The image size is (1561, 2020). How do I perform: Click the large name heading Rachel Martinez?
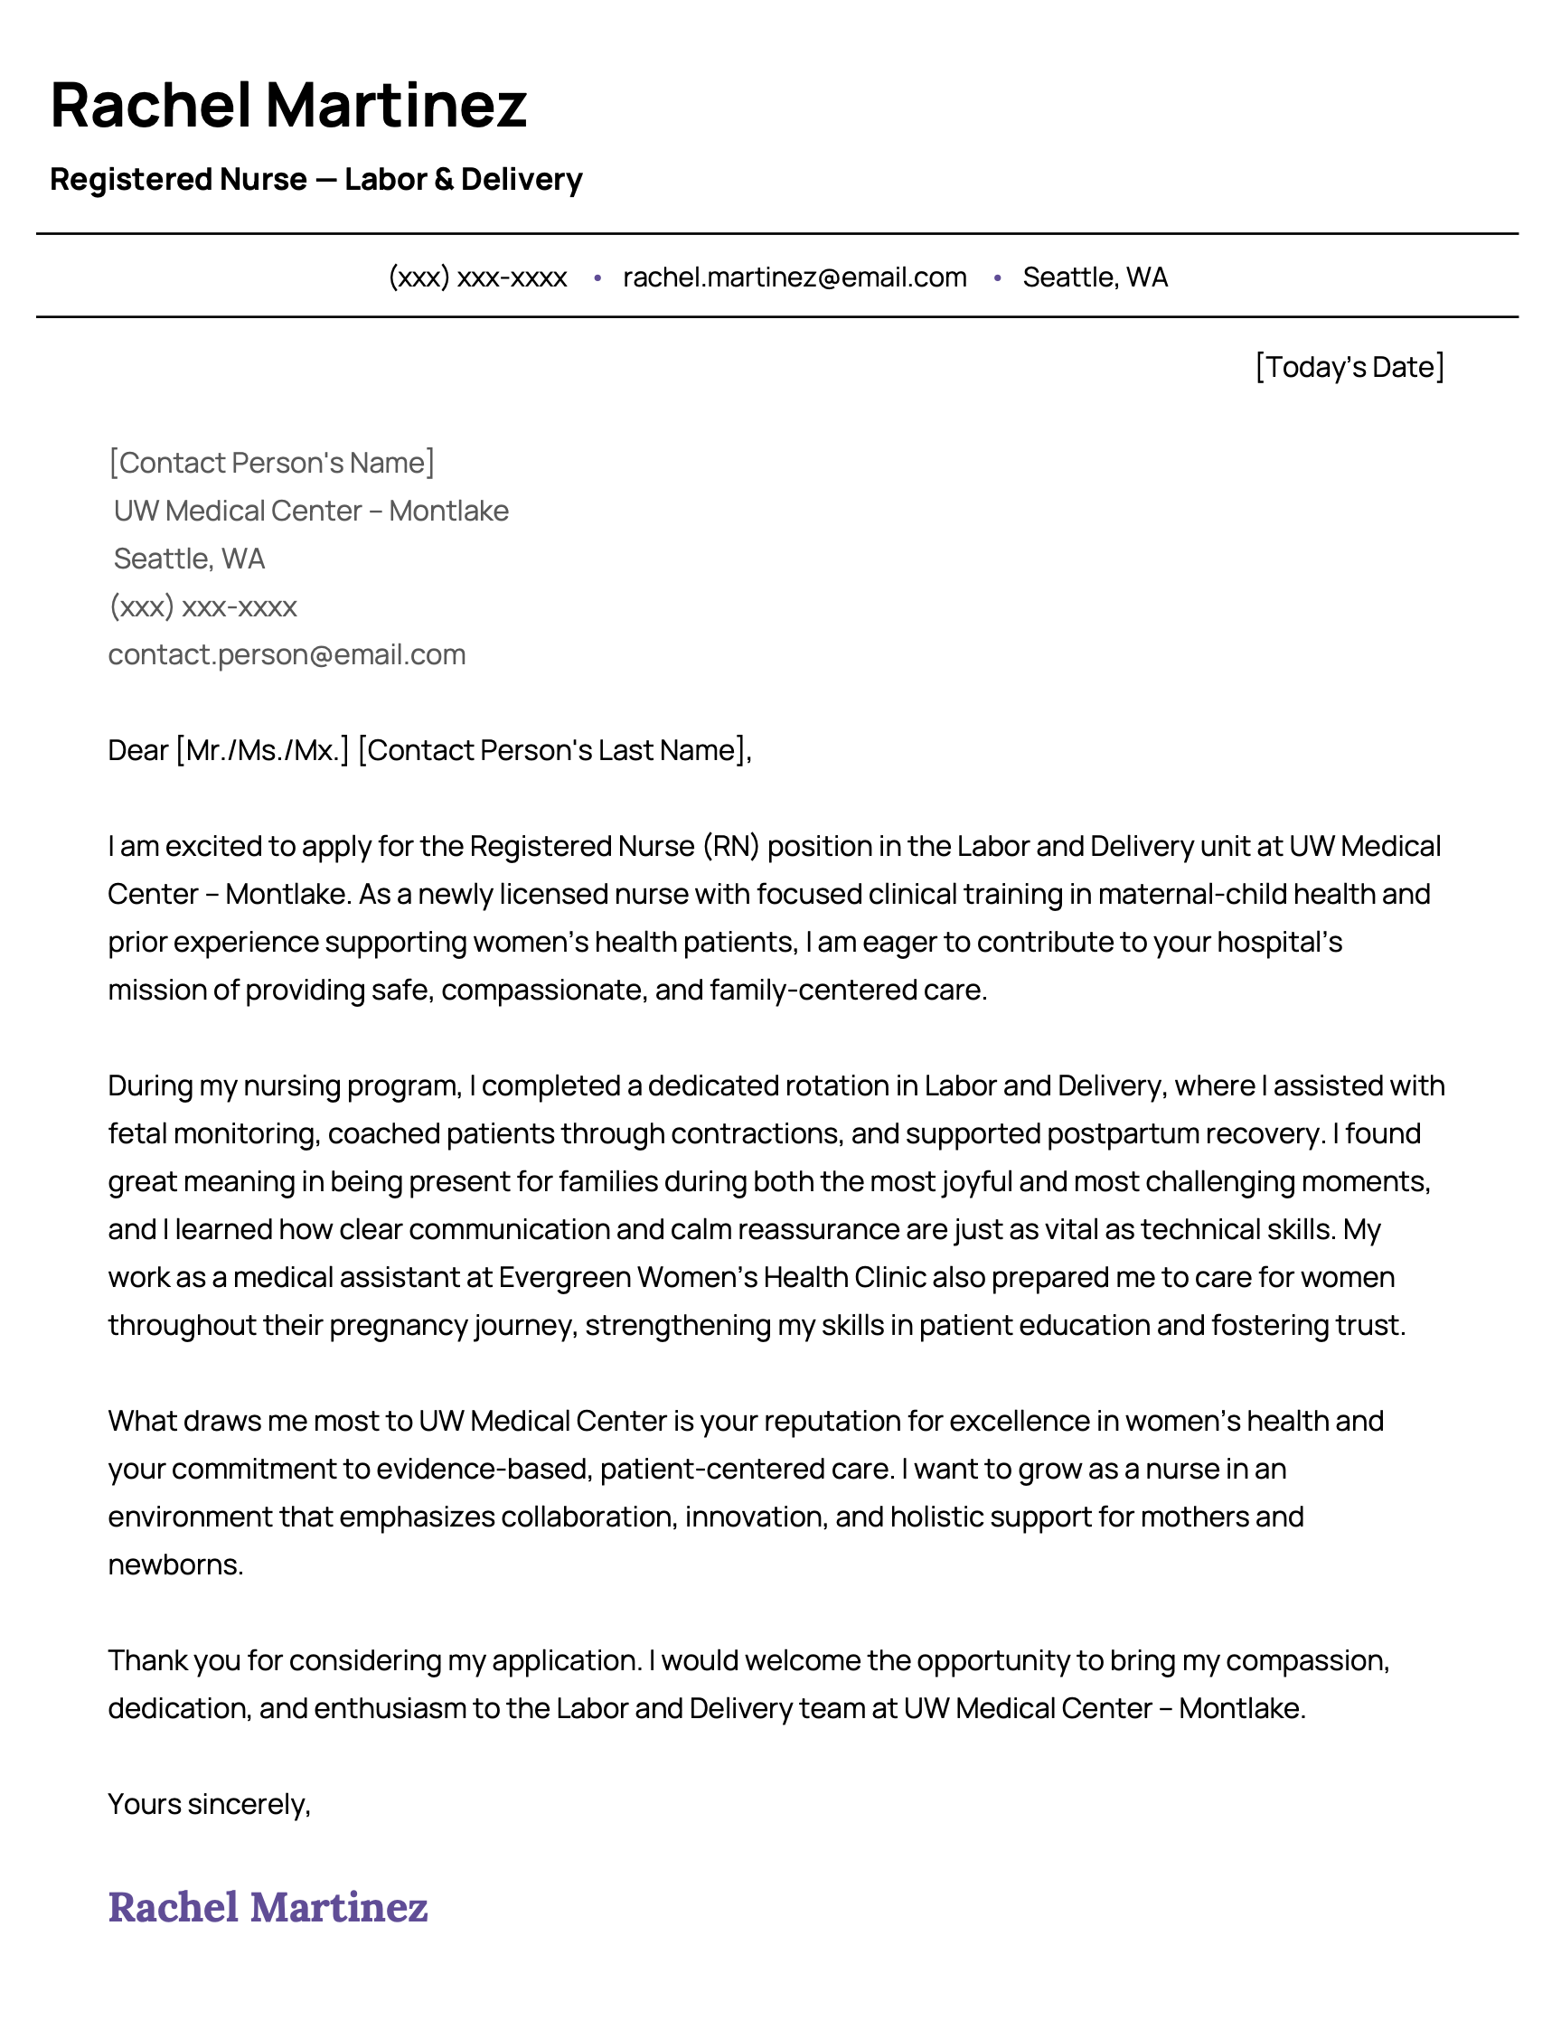coord(287,105)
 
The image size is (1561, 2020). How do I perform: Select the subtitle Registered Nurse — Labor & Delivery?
coord(315,180)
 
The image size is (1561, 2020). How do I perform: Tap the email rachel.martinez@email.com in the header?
coord(795,277)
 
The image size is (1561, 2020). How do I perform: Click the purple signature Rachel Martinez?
coord(268,1907)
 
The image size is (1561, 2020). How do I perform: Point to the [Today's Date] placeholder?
coord(1349,367)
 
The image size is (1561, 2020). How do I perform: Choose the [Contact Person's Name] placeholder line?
coord(271,463)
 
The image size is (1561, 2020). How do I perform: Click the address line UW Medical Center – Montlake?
coord(311,511)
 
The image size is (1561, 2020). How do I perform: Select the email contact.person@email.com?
coord(287,655)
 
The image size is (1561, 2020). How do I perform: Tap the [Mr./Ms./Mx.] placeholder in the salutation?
coord(262,750)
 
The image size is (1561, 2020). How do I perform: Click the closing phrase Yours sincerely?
coord(209,1805)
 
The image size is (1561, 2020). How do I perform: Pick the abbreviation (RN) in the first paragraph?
coord(730,846)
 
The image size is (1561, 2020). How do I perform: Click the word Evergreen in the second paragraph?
coord(564,1277)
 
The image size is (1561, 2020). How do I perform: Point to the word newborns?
coord(174,1565)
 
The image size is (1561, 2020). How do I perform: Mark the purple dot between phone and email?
coord(597,277)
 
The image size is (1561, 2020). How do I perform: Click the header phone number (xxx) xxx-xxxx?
coord(477,277)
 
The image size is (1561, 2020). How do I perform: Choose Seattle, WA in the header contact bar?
coord(1095,277)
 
